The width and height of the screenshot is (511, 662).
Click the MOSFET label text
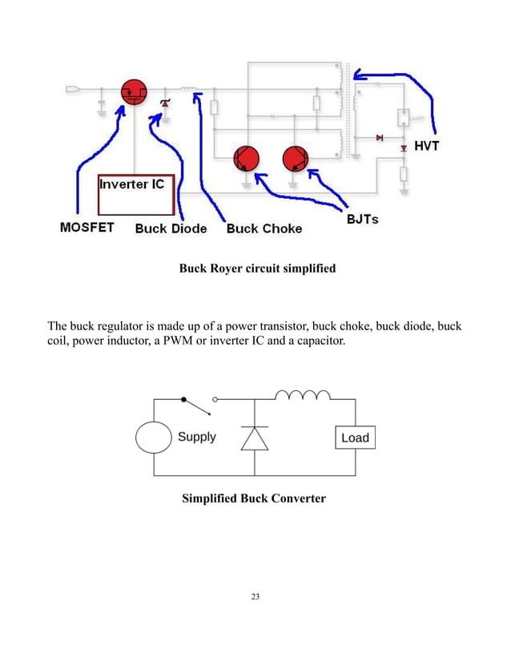(87, 228)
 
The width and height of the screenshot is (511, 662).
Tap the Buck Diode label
(171, 228)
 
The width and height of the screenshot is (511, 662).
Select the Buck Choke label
(264, 228)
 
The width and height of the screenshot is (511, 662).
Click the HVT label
(426, 146)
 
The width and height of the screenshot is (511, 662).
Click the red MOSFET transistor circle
(133, 93)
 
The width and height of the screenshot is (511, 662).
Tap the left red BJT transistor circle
(245, 159)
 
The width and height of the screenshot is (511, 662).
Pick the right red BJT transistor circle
(295, 159)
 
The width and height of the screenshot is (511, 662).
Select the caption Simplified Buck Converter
(254, 499)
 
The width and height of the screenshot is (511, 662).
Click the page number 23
(255, 596)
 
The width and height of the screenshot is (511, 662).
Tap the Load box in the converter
(355, 438)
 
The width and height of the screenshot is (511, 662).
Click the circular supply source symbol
(153, 438)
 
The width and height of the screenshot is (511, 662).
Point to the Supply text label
(196, 437)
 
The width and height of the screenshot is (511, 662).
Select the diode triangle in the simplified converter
(255, 438)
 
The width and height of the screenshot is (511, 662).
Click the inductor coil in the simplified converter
(303, 394)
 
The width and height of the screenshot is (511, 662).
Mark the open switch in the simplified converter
(199, 403)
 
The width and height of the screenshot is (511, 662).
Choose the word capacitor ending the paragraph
(317, 341)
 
